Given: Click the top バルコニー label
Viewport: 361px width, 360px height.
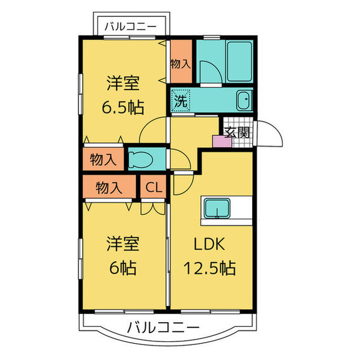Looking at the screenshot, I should pyautogui.click(x=131, y=26).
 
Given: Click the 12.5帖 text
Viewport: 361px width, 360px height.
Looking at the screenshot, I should pyautogui.click(x=209, y=267).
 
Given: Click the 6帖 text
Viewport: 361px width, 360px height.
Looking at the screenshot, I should pyautogui.click(x=122, y=267).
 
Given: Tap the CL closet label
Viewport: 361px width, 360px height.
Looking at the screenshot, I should pyautogui.click(x=153, y=188).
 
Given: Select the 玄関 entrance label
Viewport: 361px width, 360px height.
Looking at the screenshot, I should pyautogui.click(x=236, y=133).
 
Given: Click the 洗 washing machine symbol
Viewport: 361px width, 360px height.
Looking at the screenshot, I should pyautogui.click(x=180, y=100).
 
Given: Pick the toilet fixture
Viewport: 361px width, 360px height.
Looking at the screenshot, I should pyautogui.click(x=143, y=159).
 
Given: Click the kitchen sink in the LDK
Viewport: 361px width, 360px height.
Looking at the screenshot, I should pyautogui.click(x=215, y=209).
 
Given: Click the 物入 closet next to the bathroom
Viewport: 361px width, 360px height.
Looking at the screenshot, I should pyautogui.click(x=180, y=63).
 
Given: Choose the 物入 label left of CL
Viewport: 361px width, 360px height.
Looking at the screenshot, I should pyautogui.click(x=109, y=188).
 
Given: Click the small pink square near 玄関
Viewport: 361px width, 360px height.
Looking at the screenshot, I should pyautogui.click(x=218, y=141).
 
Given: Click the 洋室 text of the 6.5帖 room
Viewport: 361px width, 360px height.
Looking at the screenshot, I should pyautogui.click(x=123, y=83).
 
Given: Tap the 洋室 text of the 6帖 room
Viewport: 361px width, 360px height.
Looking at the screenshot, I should pyautogui.click(x=123, y=244).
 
